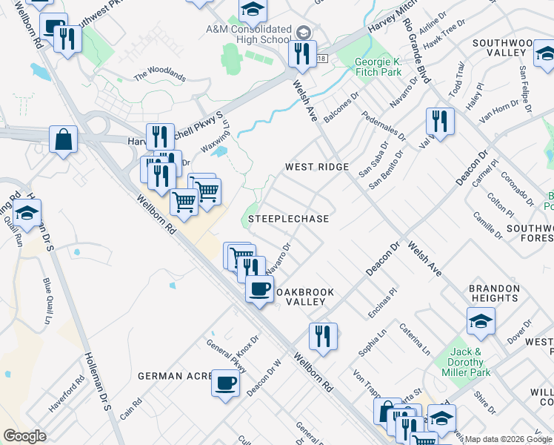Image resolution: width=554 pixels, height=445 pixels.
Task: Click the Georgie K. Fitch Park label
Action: point(378,67)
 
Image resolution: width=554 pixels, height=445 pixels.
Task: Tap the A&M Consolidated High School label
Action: point(248,33)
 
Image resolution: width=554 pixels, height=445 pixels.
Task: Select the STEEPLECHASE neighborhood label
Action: point(288,220)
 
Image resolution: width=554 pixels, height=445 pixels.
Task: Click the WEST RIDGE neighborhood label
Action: point(317,167)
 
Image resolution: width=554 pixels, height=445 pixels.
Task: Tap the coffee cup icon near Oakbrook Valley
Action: point(259,289)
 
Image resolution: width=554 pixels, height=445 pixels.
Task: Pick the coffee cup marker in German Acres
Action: point(226,383)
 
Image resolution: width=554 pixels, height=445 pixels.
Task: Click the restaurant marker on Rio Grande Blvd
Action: point(440,122)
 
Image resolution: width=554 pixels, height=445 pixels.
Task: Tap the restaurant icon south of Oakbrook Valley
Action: point(323,335)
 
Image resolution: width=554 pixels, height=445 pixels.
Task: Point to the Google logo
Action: point(24,435)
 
